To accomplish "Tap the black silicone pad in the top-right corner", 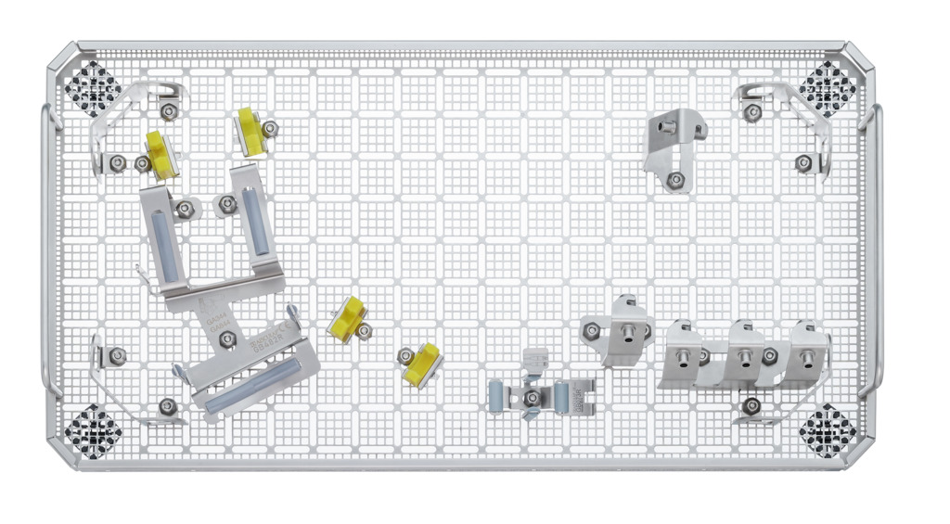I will coord(828,84).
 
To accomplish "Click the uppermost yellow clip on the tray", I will coord(250,130).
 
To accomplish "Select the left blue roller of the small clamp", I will coord(497,396).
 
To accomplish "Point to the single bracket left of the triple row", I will coord(613,330).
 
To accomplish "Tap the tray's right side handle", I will coord(877,250).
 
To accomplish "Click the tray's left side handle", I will coord(46,250).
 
